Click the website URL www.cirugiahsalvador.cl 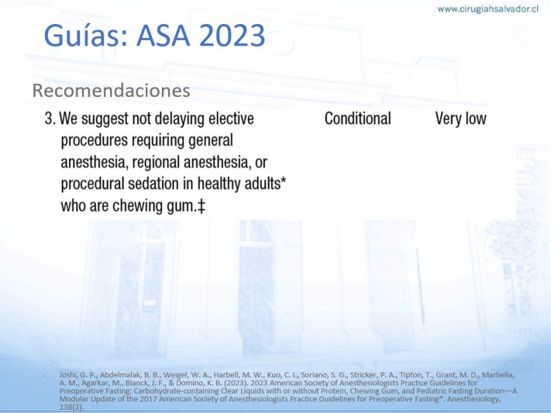pyautogui.click(x=488, y=9)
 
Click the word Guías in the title pyautogui.click(x=85, y=36)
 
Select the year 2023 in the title pyautogui.click(x=232, y=36)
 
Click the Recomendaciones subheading pyautogui.click(x=111, y=91)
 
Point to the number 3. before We pyautogui.click(x=50, y=118)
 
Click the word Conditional pyautogui.click(x=357, y=118)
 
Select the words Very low pyautogui.click(x=461, y=118)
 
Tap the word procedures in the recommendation pyautogui.click(x=94, y=141)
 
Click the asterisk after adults pyautogui.click(x=284, y=180)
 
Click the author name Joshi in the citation pyautogui.click(x=66, y=375)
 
